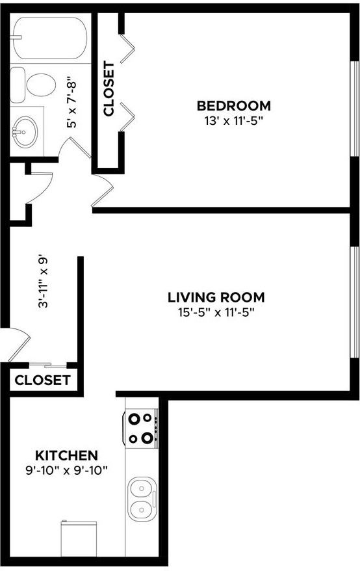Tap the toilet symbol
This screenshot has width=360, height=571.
click(x=36, y=84)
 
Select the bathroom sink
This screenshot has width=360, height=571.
click(x=25, y=131)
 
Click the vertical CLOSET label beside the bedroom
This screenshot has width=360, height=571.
click(x=109, y=88)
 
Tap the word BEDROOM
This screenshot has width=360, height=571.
click(x=233, y=106)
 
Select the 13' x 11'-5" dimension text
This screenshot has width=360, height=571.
click(x=233, y=120)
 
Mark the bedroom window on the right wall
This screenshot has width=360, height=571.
click(x=354, y=109)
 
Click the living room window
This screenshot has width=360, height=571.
click(x=354, y=301)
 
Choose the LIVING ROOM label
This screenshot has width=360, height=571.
click(x=216, y=298)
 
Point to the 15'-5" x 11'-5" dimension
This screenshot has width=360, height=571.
click(x=216, y=312)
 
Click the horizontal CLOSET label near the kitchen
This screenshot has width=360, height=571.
click(x=42, y=380)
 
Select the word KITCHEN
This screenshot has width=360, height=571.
click(x=66, y=455)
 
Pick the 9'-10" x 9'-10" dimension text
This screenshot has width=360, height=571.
click(x=66, y=469)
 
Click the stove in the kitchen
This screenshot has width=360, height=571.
click(x=142, y=428)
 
